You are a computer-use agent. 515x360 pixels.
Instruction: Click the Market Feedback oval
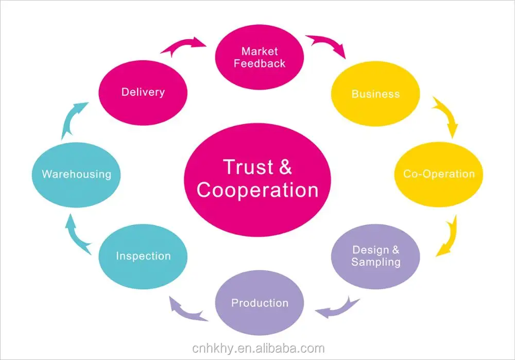coord(260,57)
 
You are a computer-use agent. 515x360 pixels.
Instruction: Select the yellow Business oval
coord(375,94)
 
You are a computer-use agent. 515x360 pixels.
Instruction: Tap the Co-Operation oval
coord(438,174)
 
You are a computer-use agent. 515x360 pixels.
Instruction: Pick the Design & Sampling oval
coord(375,256)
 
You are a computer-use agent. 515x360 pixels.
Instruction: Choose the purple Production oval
coord(260,303)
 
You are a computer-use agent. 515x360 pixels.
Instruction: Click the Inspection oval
coord(143,256)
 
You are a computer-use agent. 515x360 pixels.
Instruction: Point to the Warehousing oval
coord(76,175)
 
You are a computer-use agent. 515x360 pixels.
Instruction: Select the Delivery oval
coord(143,93)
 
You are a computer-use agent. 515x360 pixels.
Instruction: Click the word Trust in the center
coord(248,167)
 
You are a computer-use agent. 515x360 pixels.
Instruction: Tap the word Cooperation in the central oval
coord(257,190)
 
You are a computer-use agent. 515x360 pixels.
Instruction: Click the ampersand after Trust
coord(286,167)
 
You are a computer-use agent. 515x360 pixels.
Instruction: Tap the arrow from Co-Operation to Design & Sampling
coord(449,236)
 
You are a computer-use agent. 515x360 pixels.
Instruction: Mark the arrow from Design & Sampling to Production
coord(338,308)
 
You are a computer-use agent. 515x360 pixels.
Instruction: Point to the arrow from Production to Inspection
coord(187,310)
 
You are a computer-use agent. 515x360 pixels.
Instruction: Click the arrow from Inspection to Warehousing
coord(77,234)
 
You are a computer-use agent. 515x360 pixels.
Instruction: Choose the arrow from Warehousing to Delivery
coord(74,120)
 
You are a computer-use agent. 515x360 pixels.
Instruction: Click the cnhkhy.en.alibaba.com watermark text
coord(258,348)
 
